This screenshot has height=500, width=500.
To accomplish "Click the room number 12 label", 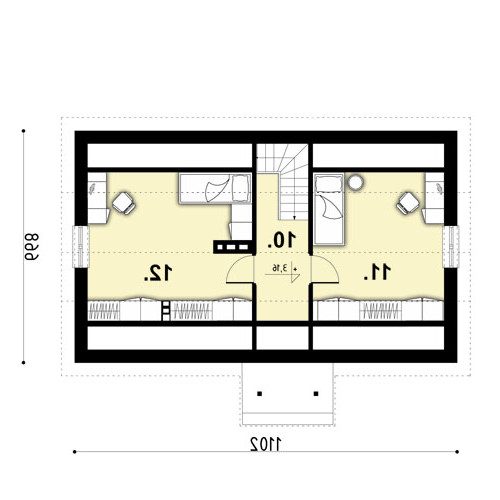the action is point(158,273).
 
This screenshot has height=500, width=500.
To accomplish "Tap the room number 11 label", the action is point(377,272).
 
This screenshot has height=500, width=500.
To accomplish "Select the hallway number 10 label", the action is point(282,240).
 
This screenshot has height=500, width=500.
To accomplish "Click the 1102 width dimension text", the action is point(266,444).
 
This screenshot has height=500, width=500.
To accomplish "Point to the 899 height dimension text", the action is point(32,247).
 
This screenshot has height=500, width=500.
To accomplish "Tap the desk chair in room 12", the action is point(124,203).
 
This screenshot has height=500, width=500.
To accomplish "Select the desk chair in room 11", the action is point(407,203).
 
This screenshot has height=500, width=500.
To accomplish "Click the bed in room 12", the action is point(215,188).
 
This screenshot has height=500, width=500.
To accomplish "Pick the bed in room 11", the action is point(329,209).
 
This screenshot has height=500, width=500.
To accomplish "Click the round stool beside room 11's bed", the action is point(355,182).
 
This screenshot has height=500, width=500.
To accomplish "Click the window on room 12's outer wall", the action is point(81,247).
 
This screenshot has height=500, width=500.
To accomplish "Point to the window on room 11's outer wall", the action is point(451,247).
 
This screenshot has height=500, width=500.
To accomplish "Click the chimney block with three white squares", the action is point(233,247).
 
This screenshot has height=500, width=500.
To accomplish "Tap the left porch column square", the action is point(260,394).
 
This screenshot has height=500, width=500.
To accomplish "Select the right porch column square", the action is point(316,394).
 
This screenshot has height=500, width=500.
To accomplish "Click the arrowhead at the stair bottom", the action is point(294,218).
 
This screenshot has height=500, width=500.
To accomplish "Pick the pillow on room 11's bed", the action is point(329,184).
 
